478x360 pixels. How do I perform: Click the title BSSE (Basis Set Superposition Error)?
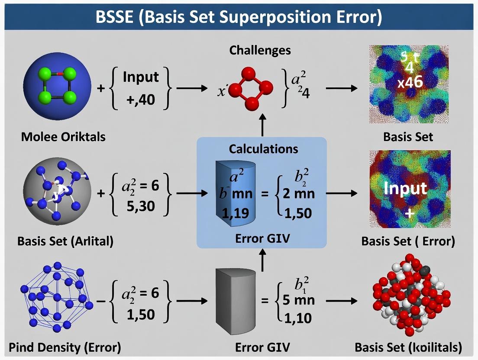click(x=239, y=17)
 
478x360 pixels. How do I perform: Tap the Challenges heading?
click(x=260, y=51)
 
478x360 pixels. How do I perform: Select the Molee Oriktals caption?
click(x=63, y=137)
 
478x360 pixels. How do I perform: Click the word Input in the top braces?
click(x=141, y=77)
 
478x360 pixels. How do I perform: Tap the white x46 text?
click(x=410, y=81)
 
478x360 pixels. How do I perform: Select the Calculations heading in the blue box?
click(x=263, y=149)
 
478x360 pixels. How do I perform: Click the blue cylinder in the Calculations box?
click(x=232, y=191)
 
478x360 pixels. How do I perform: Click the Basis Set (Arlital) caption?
click(x=65, y=241)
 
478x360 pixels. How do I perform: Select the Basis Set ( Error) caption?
click(x=408, y=241)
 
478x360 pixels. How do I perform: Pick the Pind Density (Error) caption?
click(x=65, y=347)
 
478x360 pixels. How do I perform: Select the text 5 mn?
click(x=298, y=300)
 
